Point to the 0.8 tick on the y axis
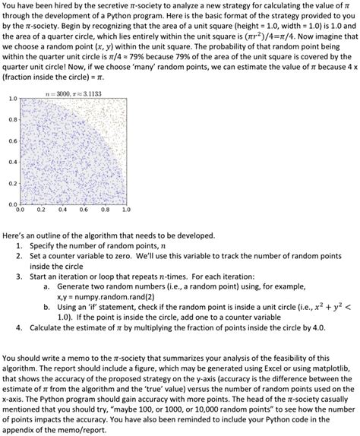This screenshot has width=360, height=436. click(x=12, y=120)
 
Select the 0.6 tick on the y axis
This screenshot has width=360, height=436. click(x=12, y=141)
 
